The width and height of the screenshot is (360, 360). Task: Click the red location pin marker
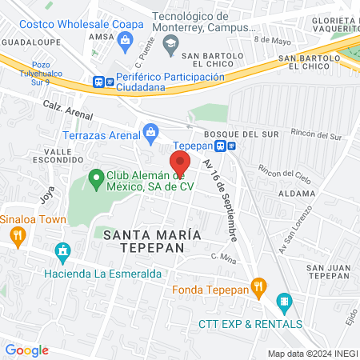tap(179, 162)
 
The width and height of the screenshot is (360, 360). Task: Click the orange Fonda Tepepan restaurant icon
tap(258, 286)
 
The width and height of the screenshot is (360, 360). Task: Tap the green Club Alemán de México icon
tap(96, 177)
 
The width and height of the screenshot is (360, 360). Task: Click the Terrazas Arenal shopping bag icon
tap(150, 130)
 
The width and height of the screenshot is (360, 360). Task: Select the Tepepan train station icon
tap(231, 146)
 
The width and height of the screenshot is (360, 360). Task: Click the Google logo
tap(26, 350)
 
